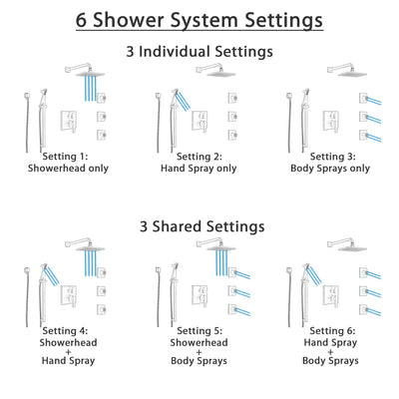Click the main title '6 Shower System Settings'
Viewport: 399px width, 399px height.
199,19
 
